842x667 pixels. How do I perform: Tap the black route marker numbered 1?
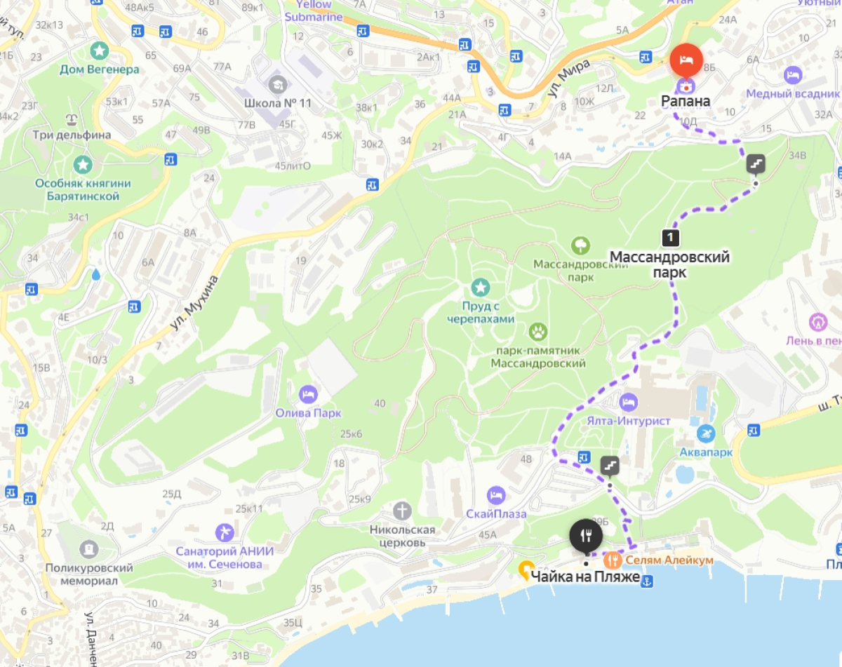pos(671,238)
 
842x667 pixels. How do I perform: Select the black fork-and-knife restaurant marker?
pos(586,537)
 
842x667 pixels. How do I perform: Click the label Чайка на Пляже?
pos(585,577)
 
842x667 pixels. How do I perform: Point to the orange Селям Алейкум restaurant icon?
pos(613,560)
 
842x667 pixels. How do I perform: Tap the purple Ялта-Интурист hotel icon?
pos(628,403)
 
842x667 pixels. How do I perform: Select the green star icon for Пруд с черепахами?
pos(481,287)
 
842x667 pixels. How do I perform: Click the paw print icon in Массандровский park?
pos(538,332)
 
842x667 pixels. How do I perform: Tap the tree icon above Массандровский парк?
pos(580,245)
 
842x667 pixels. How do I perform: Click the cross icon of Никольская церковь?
pos(402,510)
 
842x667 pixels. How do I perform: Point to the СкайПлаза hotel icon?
pos(496,494)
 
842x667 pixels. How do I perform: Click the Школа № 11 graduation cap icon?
pos(278,84)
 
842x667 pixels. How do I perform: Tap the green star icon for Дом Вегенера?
pos(99,50)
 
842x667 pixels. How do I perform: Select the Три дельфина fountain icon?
pos(71,118)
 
